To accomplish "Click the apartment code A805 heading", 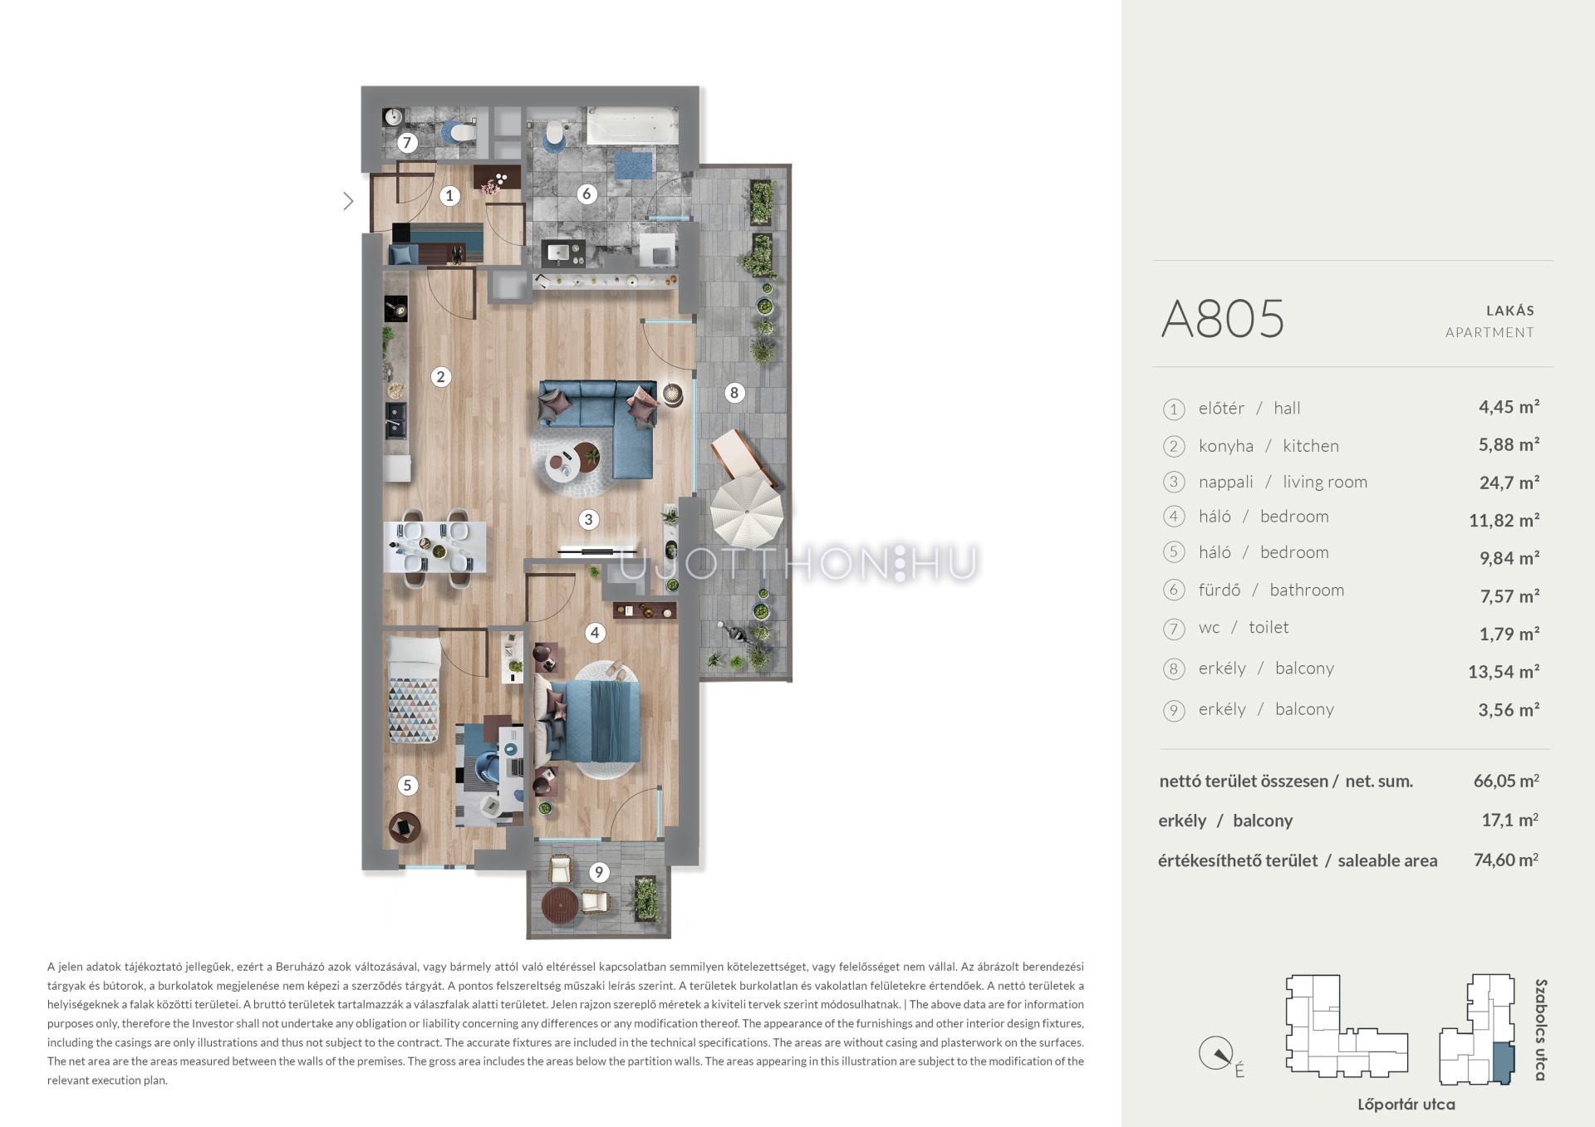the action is tap(1223, 319).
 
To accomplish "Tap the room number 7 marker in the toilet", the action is tap(406, 143).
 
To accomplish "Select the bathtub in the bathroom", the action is tap(633, 125).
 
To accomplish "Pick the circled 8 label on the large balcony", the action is tap(734, 392).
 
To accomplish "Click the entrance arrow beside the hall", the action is tap(348, 200).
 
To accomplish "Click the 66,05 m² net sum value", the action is tap(1506, 781).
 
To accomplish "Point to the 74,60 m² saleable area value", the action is tap(1506, 860).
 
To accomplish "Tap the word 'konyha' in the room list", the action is tap(1226, 446).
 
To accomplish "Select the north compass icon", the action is tap(1215, 1054).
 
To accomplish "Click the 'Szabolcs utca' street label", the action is tap(1541, 1030).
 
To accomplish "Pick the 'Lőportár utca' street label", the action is tap(1406, 1105).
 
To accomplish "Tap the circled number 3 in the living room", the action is tap(588, 520).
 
